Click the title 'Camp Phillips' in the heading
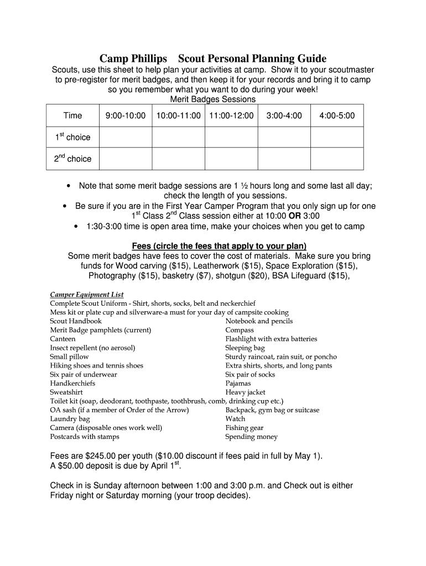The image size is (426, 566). pyautogui.click(x=134, y=59)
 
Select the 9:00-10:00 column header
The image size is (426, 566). pyautogui.click(x=125, y=116)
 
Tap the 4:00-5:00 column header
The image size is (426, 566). pyautogui.click(x=337, y=116)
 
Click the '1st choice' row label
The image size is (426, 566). pyautogui.click(x=72, y=137)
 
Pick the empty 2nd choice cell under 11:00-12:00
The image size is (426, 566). pyautogui.click(x=231, y=159)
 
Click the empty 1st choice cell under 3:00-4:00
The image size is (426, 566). pyautogui.click(x=284, y=137)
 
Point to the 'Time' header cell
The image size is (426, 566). pyautogui.click(x=72, y=116)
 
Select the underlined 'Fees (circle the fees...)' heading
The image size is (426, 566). pyautogui.click(x=219, y=246)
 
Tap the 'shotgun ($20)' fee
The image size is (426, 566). pyautogui.click(x=240, y=276)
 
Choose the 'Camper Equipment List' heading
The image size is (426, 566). pyautogui.click(x=87, y=295)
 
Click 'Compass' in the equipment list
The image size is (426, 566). pyautogui.click(x=240, y=330)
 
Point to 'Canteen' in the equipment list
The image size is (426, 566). pyautogui.click(x=63, y=339)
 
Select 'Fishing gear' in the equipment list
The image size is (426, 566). pyautogui.click(x=244, y=428)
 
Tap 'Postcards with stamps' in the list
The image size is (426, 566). pyautogui.click(x=85, y=437)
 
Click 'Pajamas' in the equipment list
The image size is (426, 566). pyautogui.click(x=238, y=383)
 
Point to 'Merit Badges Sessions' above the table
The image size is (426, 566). pyautogui.click(x=213, y=99)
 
